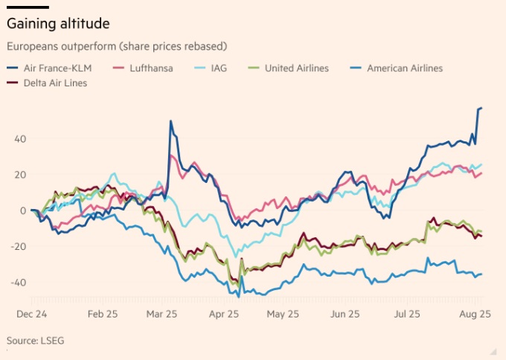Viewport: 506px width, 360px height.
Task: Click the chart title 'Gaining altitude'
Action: pyautogui.click(x=58, y=24)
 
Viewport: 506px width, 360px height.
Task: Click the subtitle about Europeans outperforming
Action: pyautogui.click(x=116, y=46)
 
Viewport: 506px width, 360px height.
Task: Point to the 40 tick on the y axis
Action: pyautogui.click(x=20, y=138)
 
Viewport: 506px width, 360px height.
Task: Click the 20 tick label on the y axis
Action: pyautogui.click(x=20, y=175)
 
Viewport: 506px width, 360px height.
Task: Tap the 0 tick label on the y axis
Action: pyautogui.click(x=23, y=210)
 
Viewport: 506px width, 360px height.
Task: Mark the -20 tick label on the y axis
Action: pyautogui.click(x=18, y=246)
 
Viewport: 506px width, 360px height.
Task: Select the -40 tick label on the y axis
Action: pyautogui.click(x=18, y=283)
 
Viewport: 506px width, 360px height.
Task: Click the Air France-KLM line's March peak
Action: pyautogui.click(x=171, y=121)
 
